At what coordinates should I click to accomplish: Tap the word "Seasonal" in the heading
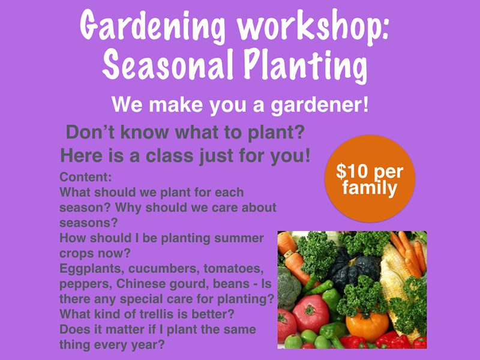167,65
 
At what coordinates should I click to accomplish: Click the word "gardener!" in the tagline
320,106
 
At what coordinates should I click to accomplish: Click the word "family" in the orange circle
370,188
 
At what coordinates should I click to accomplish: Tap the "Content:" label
86,177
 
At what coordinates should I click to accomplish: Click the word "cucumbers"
164,269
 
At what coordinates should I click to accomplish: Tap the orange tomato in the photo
367,325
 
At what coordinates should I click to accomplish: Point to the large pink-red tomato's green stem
309,310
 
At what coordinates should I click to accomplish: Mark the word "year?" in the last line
148,345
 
